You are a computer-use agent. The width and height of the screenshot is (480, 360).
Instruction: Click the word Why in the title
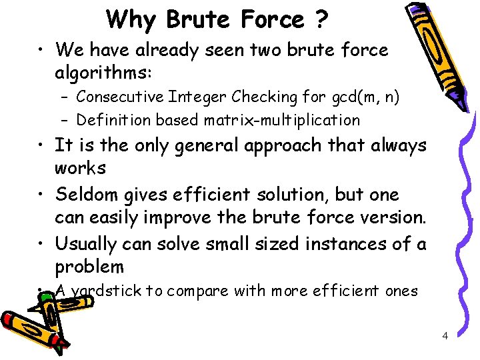coord(131,20)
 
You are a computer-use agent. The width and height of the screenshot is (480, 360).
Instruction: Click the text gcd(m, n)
coord(364,97)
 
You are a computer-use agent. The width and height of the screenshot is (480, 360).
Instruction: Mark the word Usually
coord(87,243)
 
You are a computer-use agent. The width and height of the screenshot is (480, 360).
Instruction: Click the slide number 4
coord(445,335)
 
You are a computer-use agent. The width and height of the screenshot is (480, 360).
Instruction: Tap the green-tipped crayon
coord(33,327)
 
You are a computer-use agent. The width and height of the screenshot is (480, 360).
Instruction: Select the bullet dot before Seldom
coord(41,195)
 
